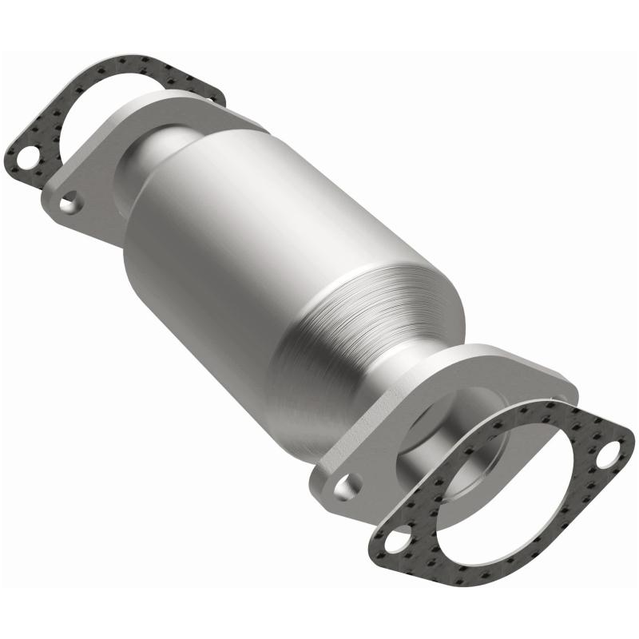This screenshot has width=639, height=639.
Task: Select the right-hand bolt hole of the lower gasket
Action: click(611, 459)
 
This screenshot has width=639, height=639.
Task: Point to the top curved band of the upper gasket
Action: click(128, 68)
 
